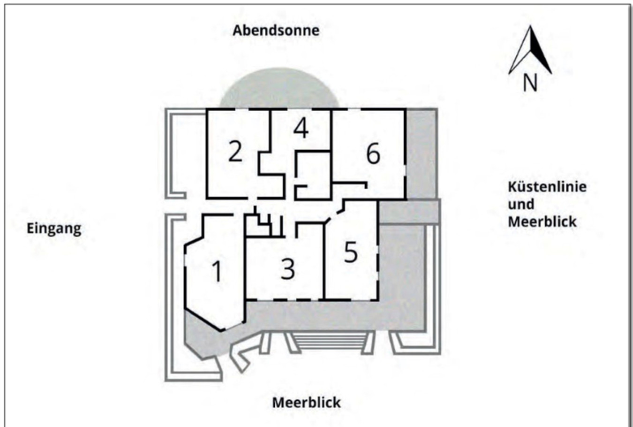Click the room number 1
click(x=217, y=271)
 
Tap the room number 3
click(x=288, y=269)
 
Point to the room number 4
click(x=301, y=129)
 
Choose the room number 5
click(x=351, y=252)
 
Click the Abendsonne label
click(x=276, y=30)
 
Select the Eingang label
click(x=54, y=229)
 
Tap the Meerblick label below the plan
click(x=306, y=403)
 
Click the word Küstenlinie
click(x=547, y=187)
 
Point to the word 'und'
click(x=521, y=204)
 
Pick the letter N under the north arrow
click(x=530, y=83)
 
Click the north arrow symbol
click(x=530, y=50)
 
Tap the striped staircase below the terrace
click(x=330, y=342)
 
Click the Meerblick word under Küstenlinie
click(x=542, y=221)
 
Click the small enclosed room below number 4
click(x=313, y=176)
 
